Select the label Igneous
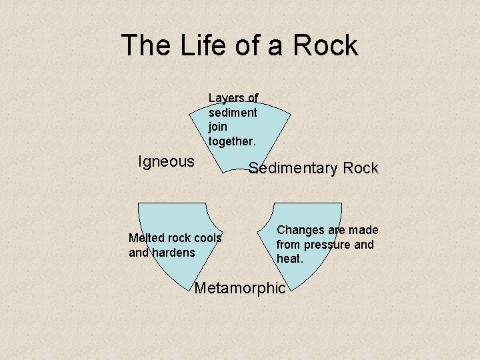click(166, 161)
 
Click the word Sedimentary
click(293, 168)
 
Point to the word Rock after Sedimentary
click(361, 168)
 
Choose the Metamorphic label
click(239, 288)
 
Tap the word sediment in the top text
click(233, 113)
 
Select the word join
click(217, 127)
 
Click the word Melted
click(145, 238)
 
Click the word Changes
click(300, 230)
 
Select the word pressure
click(327, 245)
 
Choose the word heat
click(290, 259)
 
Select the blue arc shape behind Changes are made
click(313, 213)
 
